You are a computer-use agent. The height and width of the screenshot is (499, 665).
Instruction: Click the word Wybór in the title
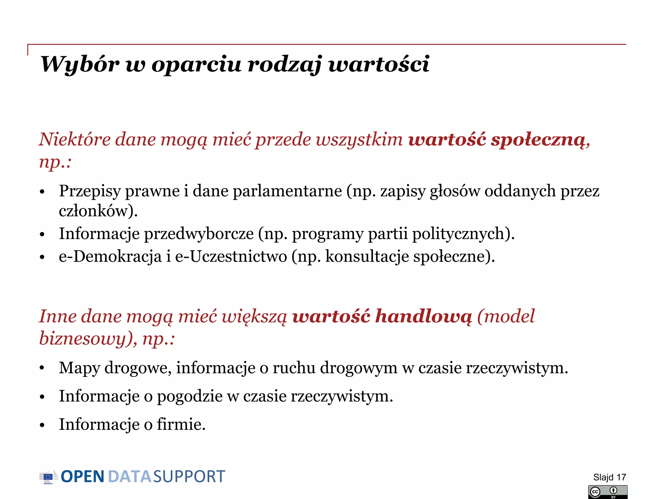coord(80,64)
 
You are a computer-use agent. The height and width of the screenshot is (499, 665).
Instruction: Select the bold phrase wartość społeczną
coord(497,140)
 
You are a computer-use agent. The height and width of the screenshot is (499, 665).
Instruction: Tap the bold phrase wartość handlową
coord(382,316)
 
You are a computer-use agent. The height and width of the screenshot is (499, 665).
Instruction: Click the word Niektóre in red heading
coord(75,140)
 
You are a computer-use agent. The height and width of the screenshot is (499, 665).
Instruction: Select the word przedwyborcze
coord(199,234)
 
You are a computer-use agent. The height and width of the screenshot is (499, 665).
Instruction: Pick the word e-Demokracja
coord(110,257)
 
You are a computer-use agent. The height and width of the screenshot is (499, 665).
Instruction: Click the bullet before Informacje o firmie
coord(42,425)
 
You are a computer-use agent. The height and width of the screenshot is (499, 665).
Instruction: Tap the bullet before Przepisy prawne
coord(42,192)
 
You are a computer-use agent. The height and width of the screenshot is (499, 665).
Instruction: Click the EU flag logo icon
coord(48,477)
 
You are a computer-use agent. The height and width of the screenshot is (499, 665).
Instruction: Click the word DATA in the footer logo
coord(129,477)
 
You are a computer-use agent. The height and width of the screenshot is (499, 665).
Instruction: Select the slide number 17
coord(621,477)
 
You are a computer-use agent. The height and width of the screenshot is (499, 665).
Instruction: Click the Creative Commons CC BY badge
coord(608,492)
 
